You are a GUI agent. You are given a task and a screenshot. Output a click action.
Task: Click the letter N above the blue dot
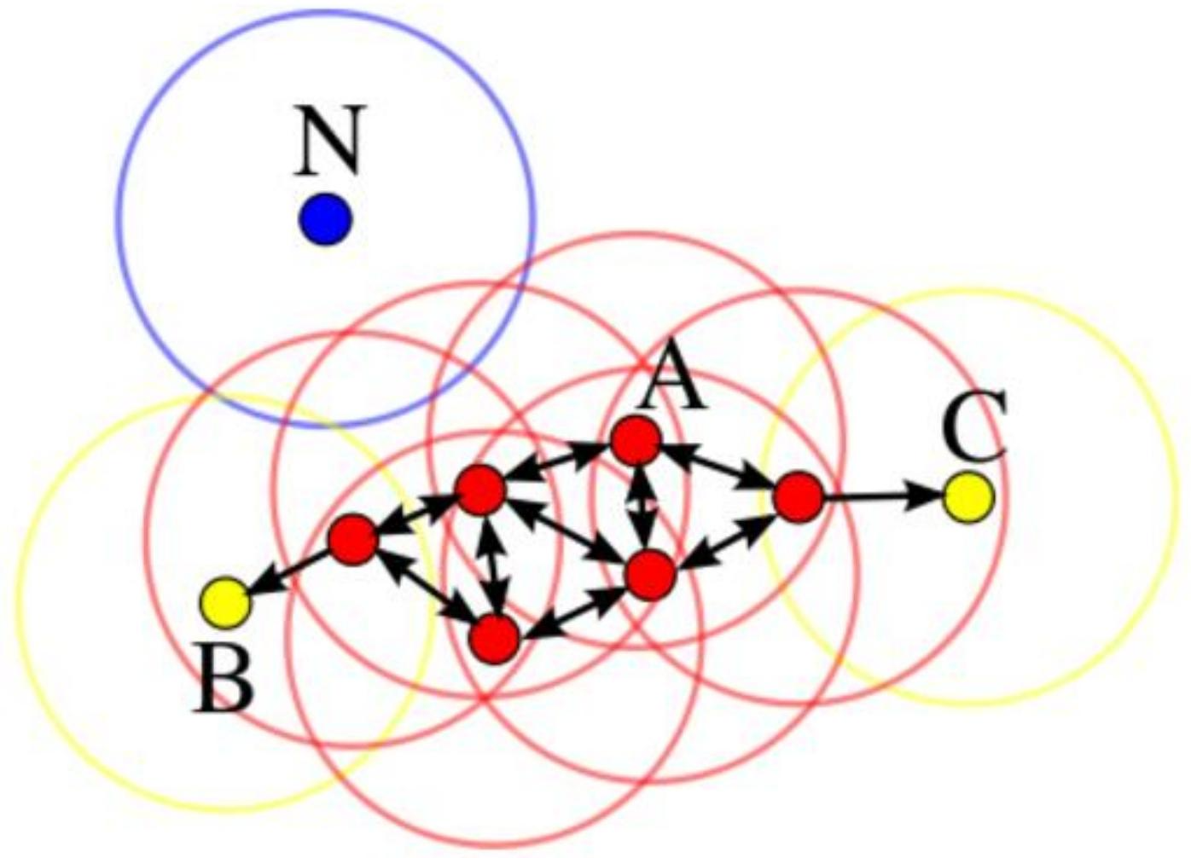tap(329, 139)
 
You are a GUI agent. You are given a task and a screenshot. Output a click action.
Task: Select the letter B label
tap(224, 678)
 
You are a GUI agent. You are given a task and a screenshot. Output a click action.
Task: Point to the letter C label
tap(973, 425)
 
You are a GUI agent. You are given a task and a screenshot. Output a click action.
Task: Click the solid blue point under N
tap(325, 219)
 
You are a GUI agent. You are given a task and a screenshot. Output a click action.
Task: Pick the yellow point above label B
tap(225, 603)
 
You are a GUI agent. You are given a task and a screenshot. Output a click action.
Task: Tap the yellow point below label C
tap(968, 497)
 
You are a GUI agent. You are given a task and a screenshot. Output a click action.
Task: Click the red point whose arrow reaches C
tap(798, 497)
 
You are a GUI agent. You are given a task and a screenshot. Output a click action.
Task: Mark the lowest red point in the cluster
tap(495, 639)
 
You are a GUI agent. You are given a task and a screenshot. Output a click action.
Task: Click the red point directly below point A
tap(650, 575)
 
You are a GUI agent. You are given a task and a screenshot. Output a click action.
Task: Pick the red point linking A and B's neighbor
tap(480, 490)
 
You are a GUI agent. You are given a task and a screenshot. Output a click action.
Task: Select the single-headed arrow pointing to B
tap(288, 571)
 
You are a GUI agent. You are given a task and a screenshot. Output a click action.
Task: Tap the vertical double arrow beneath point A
tap(642, 507)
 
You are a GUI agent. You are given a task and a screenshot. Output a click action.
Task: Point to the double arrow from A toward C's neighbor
tap(717, 469)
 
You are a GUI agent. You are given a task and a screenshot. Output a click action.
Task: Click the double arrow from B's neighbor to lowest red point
tap(424, 589)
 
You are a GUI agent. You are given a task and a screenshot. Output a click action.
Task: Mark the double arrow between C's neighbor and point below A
tap(724, 536)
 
